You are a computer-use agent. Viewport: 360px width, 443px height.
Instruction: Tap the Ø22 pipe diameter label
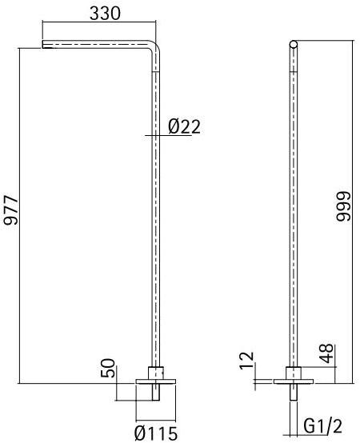(184, 126)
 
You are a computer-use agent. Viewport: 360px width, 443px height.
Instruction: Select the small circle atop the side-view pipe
(294, 44)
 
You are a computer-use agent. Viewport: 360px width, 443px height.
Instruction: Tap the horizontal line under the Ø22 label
(172, 136)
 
